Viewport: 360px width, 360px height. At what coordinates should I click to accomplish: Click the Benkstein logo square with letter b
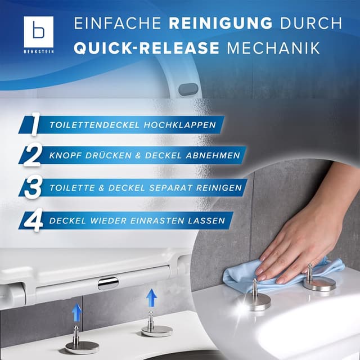38,30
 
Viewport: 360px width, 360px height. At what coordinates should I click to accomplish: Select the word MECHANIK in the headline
283,48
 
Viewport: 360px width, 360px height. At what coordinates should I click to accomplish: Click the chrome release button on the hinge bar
108,283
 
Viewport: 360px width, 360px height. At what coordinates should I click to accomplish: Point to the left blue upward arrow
77,313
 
